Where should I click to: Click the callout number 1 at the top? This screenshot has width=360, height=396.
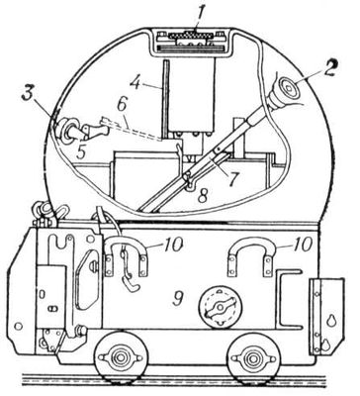(197, 23)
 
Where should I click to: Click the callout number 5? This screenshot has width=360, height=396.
(81, 151)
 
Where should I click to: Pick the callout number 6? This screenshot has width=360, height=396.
(122, 106)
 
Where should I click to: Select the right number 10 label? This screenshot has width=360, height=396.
(302, 245)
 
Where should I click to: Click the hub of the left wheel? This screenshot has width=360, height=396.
(121, 357)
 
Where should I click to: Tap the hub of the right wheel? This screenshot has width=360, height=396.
(252, 357)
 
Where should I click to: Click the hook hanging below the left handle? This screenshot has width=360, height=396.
(132, 284)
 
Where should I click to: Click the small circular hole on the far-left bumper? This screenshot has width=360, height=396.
(19, 327)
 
